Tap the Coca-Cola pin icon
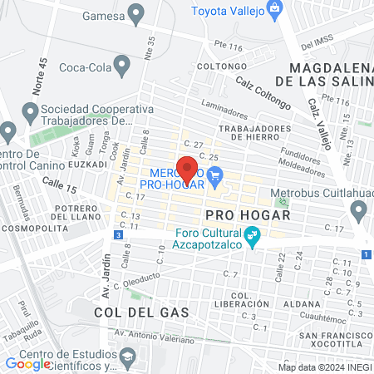123,64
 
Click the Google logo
27,363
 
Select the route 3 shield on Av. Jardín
119,235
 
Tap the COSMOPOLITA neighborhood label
35,226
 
